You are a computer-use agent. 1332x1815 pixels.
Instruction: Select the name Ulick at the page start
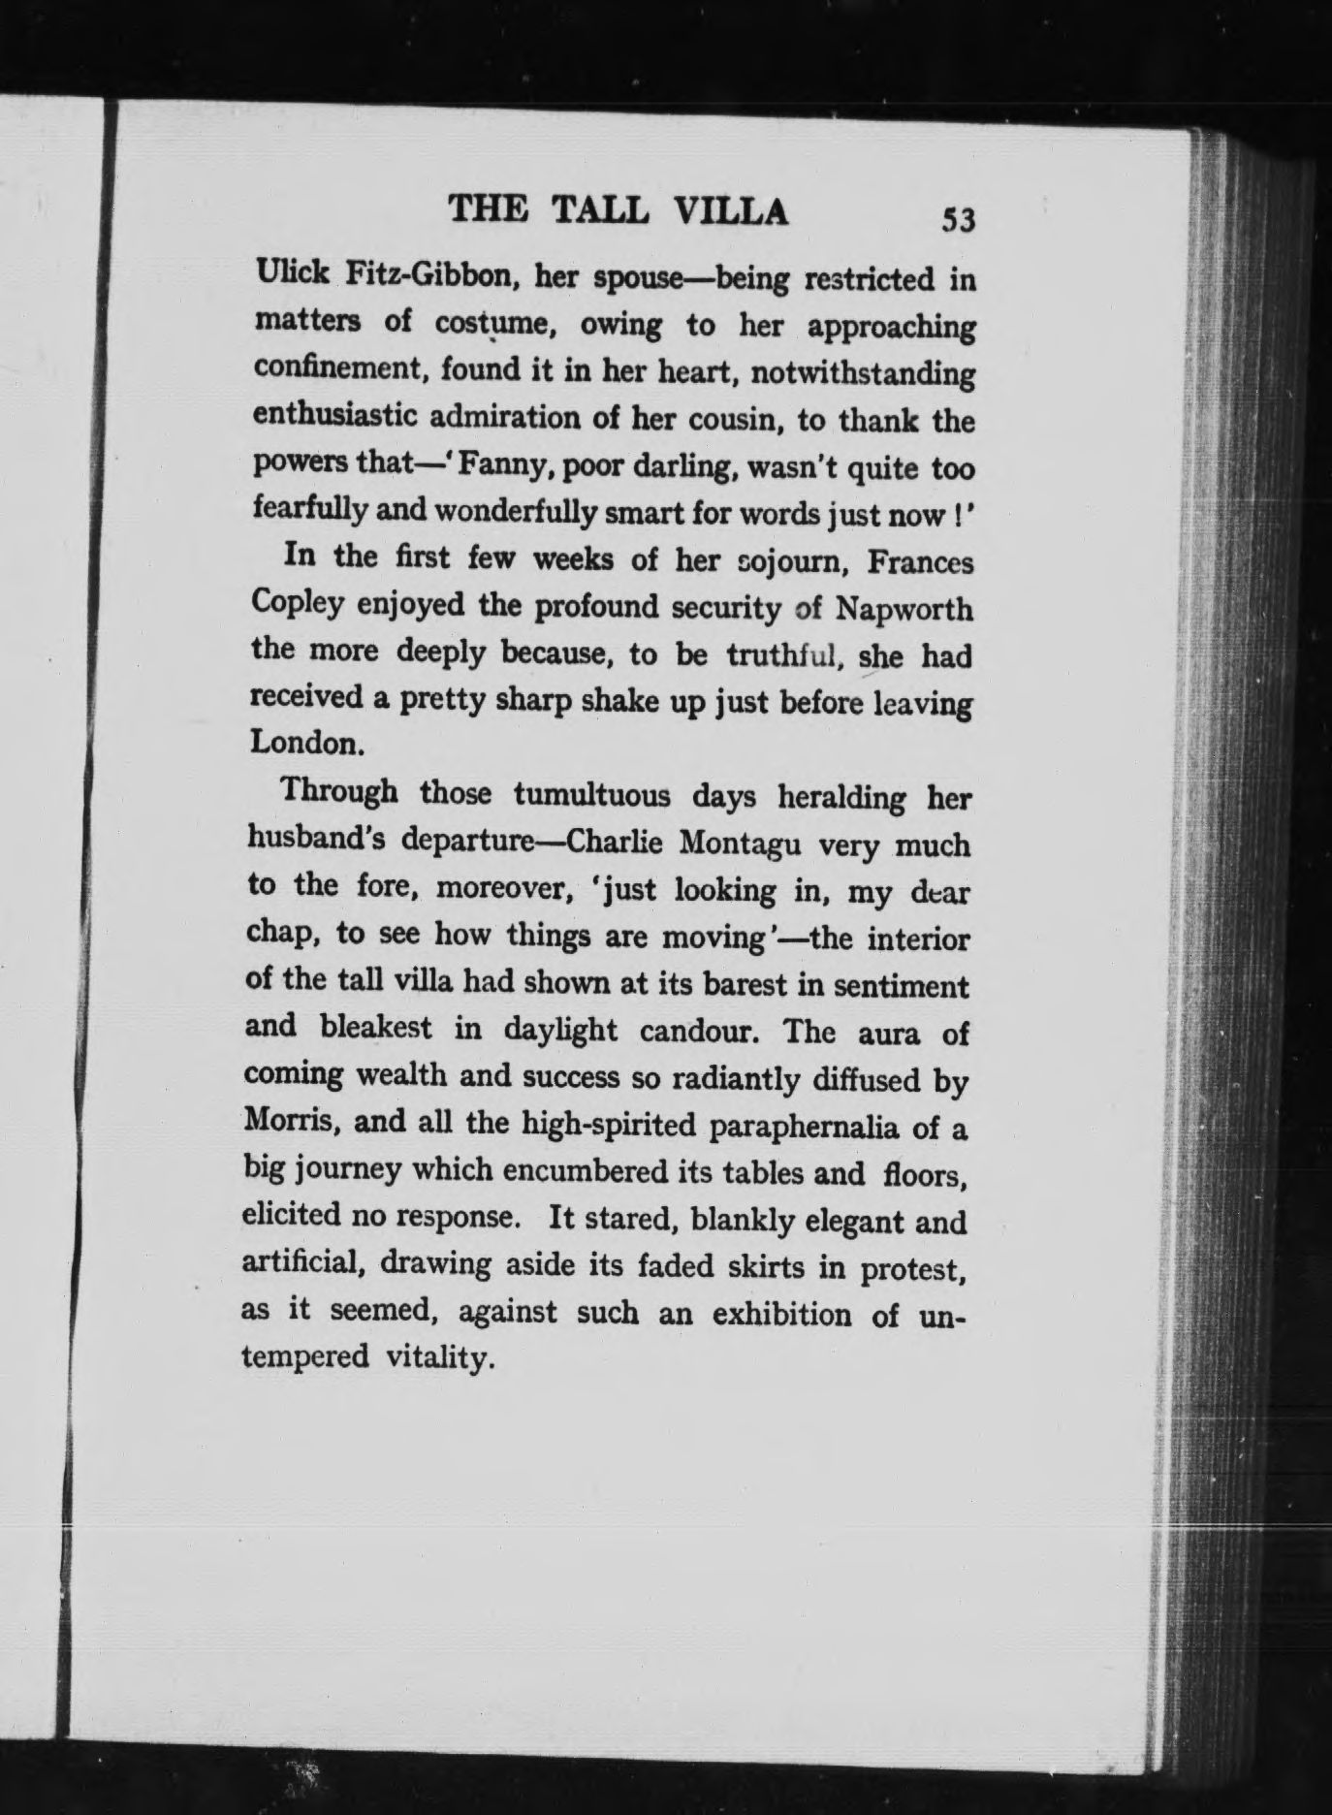coord(290,275)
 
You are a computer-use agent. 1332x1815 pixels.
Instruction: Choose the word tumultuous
coord(591,795)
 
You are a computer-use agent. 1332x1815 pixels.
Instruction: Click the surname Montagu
coord(740,843)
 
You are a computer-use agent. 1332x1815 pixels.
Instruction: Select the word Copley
coord(297,605)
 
